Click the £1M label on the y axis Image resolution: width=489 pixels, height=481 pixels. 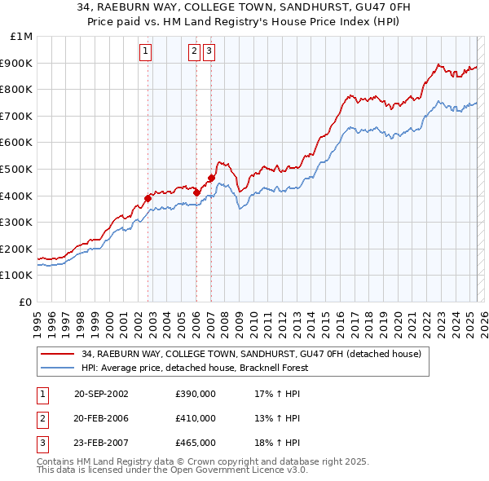click(22, 37)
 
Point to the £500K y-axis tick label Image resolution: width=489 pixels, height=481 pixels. click(18, 169)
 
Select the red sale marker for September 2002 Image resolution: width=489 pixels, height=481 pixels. click(148, 197)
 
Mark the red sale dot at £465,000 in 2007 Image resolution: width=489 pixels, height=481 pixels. click(211, 178)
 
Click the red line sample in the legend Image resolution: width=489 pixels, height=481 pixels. click(58, 354)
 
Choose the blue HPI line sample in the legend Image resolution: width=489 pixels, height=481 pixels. click(58, 368)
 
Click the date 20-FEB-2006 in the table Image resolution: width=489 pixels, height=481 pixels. click(101, 418)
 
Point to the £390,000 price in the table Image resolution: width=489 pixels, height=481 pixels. click(195, 394)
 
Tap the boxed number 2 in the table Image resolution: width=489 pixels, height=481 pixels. click(42, 418)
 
